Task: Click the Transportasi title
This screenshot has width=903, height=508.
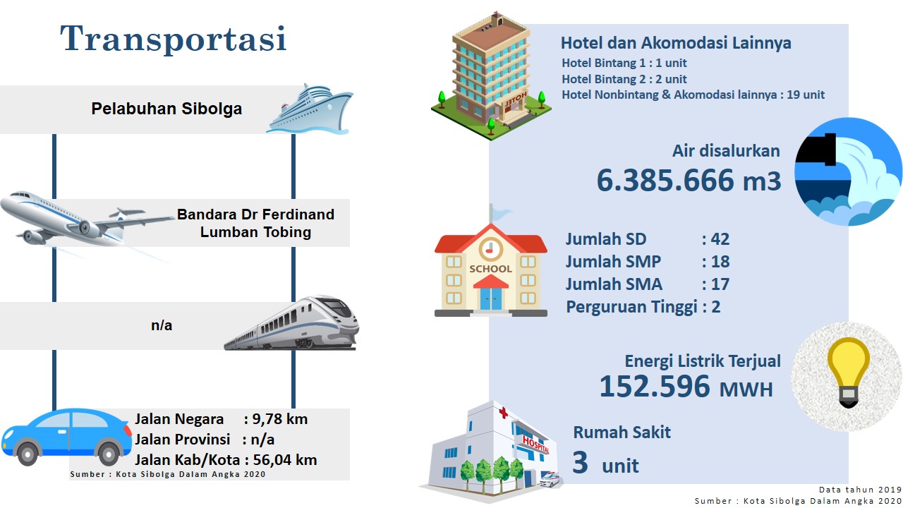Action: [174, 39]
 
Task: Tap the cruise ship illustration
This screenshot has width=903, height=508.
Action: [310, 109]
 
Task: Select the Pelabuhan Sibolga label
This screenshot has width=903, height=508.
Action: [166, 109]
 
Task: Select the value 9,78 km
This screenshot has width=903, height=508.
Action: [280, 419]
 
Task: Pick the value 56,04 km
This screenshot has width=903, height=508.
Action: [285, 460]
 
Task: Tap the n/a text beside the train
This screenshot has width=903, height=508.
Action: [162, 325]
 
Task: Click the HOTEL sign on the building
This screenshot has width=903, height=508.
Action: [516, 99]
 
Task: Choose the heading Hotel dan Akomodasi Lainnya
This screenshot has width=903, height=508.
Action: [676, 43]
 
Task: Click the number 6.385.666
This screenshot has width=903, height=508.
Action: [665, 180]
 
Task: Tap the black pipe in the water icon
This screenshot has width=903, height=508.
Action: [818, 149]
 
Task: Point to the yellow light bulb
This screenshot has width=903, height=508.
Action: [848, 371]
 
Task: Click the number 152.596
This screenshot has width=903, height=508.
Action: [655, 386]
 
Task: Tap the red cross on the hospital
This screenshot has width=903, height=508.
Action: [503, 413]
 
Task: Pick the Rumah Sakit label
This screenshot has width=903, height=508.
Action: [622, 433]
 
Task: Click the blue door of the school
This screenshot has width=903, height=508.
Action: [490, 298]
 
